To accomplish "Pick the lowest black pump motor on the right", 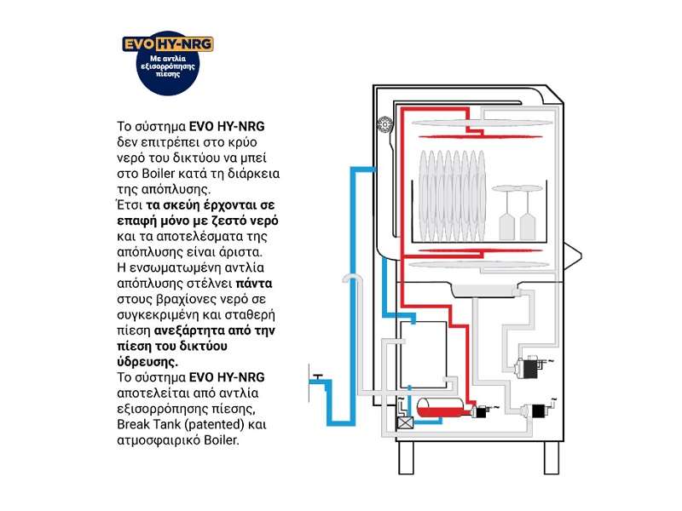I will tap(539, 411).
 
